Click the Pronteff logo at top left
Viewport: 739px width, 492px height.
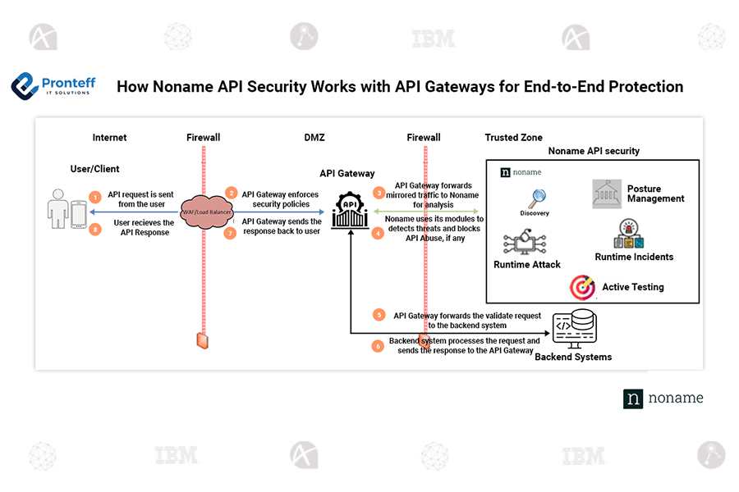pos(53,85)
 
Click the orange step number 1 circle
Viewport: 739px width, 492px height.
pos(95,198)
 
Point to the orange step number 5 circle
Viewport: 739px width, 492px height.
pos(379,315)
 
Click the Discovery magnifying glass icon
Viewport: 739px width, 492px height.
pos(537,198)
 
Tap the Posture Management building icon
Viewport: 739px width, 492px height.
pos(607,194)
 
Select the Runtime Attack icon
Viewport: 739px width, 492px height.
pos(526,244)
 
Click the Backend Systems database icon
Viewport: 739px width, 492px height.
pos(575,327)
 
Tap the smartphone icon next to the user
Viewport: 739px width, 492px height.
pos(79,215)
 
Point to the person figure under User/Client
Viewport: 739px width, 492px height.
pos(57,209)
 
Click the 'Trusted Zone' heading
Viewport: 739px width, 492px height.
pos(513,138)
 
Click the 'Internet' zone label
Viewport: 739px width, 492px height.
pos(109,138)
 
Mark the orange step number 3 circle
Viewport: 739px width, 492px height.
pos(379,193)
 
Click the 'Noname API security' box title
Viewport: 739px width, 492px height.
pos(593,151)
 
